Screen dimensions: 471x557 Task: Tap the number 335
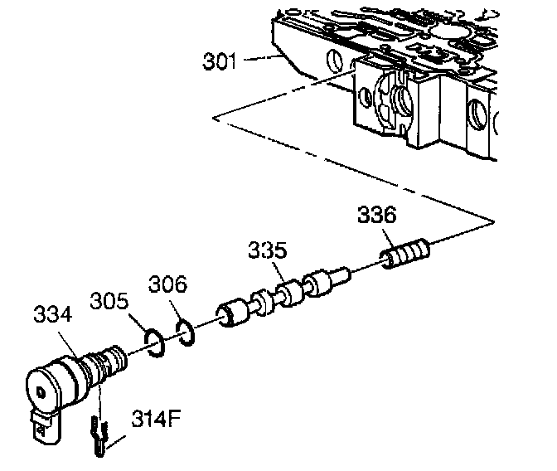[269, 250]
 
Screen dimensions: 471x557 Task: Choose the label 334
[51, 316]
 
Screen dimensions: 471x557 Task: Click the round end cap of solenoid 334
[38, 388]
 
